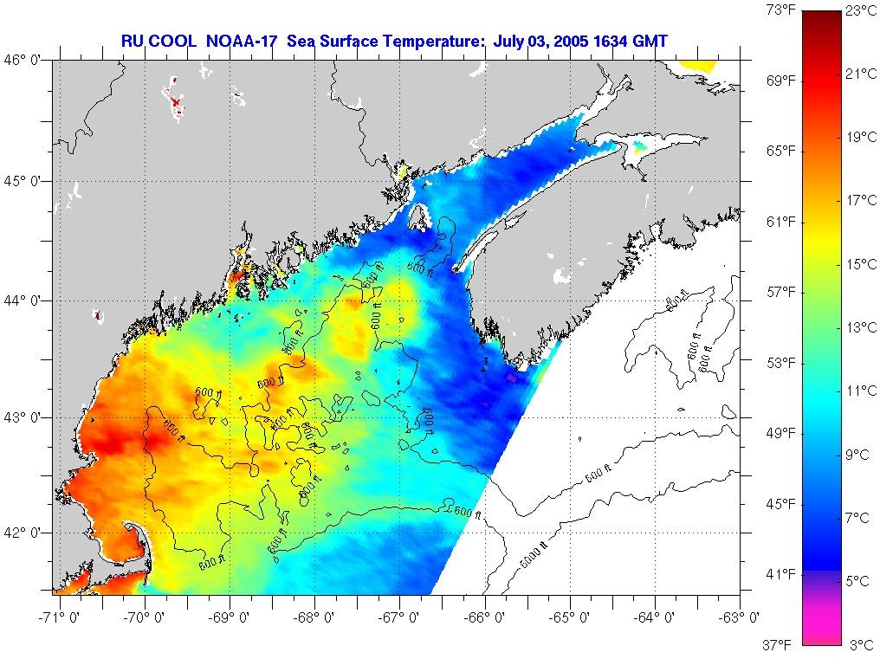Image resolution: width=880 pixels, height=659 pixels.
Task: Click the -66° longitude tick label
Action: [x=487, y=617]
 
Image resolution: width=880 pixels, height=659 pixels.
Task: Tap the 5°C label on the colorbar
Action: [x=857, y=581]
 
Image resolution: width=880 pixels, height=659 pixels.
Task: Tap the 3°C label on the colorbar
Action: [x=857, y=645]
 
